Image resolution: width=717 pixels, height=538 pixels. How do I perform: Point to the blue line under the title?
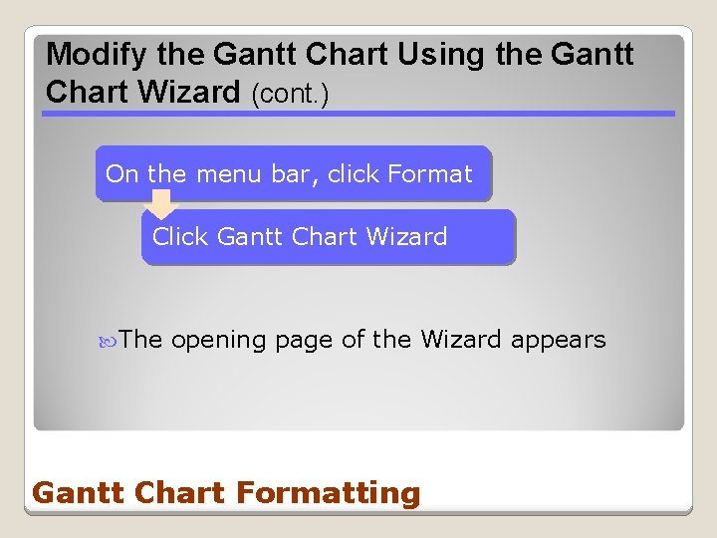point(358,114)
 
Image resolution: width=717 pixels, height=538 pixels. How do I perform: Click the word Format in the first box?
point(430,174)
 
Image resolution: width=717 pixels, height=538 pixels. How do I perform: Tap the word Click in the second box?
point(179,237)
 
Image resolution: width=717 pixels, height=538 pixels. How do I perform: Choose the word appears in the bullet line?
point(558,341)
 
